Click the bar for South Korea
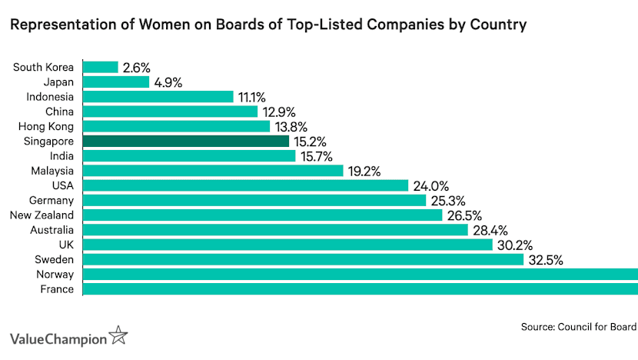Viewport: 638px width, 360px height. pos(100,67)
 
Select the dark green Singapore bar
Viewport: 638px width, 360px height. pos(185,142)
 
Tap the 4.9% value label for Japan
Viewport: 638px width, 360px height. pos(168,82)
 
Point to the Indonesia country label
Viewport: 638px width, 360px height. pos(50,97)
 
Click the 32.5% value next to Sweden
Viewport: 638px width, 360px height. pos(546,260)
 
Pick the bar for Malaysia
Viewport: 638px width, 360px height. pos(212,171)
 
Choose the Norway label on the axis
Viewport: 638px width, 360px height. pos(55,275)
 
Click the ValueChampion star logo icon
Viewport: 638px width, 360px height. pos(118,335)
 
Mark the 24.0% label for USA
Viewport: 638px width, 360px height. pos(430,185)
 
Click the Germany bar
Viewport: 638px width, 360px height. pos(254,200)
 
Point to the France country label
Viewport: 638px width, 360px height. pos(58,289)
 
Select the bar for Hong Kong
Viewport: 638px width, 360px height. pos(176,126)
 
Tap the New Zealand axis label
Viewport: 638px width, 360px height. pos(42,215)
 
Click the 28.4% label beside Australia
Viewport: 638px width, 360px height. pos(490,230)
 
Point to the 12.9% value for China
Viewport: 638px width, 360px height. pos(279,112)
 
